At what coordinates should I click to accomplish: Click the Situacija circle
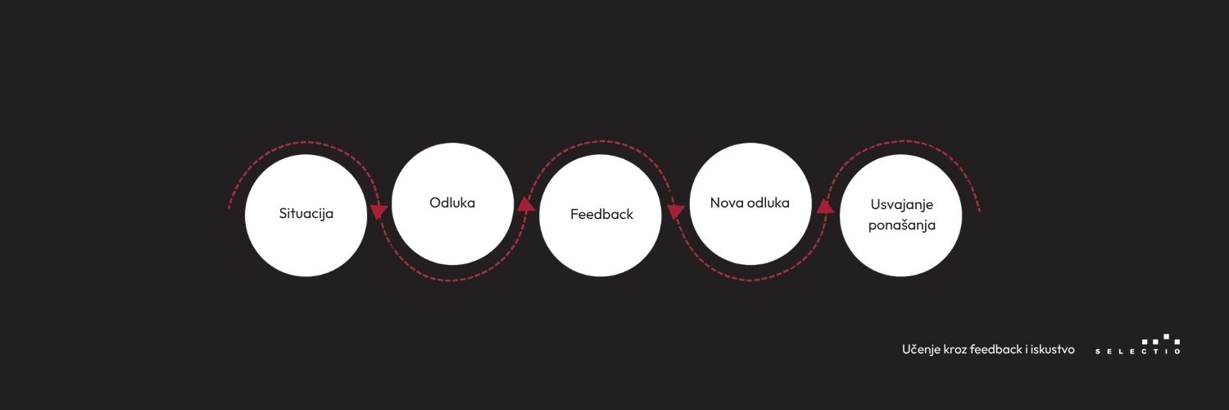pyautogui.click(x=306, y=215)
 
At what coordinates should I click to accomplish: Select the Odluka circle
pyautogui.click(x=452, y=203)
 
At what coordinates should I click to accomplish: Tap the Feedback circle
pyautogui.click(x=601, y=215)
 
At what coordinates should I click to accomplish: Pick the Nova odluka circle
pyautogui.click(x=750, y=203)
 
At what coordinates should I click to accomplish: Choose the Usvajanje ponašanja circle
pyautogui.click(x=900, y=215)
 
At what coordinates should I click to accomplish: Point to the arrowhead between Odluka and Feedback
pyautogui.click(x=526, y=205)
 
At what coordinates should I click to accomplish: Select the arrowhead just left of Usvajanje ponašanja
pyautogui.click(x=825, y=207)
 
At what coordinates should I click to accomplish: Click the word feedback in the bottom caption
pyautogui.click(x=995, y=349)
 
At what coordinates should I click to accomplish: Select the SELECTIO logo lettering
pyautogui.click(x=1137, y=351)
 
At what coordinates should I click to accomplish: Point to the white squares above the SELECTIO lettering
pyautogui.click(x=1160, y=339)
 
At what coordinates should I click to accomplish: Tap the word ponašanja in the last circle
pyautogui.click(x=901, y=225)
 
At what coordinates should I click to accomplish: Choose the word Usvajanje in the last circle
pyautogui.click(x=901, y=205)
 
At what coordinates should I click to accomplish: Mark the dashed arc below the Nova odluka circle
pyautogui.click(x=750, y=280)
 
